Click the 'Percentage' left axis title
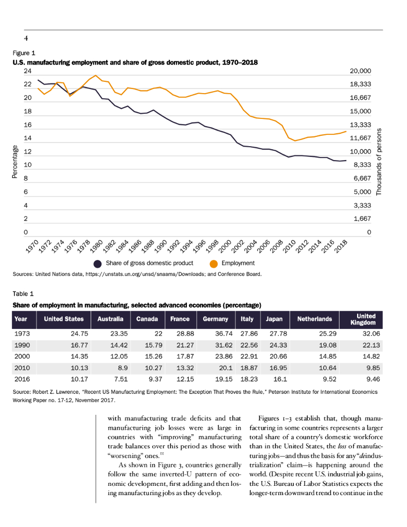coord(15,163)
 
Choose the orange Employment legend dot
coord(214,263)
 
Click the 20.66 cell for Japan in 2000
coord(276,356)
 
